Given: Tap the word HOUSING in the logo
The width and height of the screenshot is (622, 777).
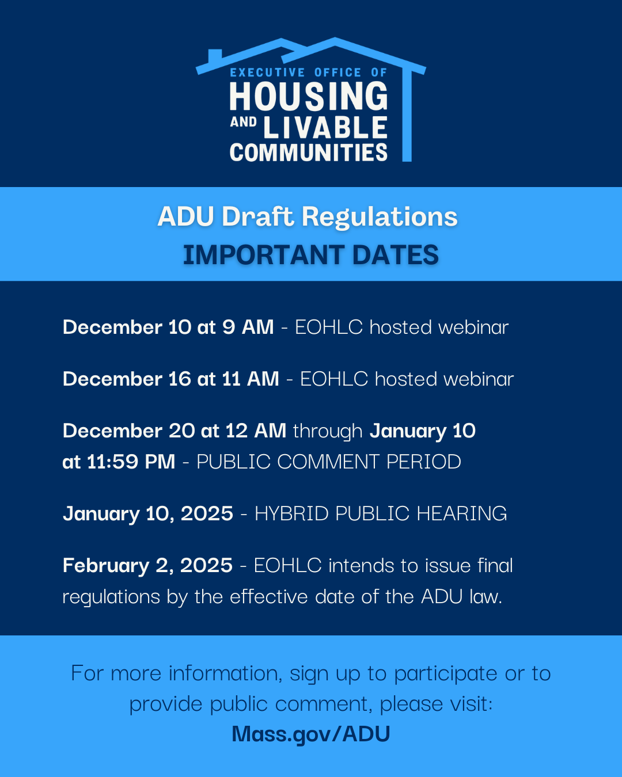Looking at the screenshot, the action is tap(309, 96).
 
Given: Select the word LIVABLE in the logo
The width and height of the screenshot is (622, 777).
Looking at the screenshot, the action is tap(325, 127).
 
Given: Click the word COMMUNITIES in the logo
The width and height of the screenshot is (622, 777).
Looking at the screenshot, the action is tap(309, 153).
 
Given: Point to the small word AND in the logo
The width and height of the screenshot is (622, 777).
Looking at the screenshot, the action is tap(243, 122).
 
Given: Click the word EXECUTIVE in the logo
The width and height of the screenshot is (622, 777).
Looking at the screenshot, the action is tap(267, 73).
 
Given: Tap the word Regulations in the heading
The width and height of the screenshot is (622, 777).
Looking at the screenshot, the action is tap(380, 218).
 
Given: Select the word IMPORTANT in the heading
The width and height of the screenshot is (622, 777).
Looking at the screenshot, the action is tap(263, 255).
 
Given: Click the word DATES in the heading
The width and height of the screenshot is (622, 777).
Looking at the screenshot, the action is tap(396, 255).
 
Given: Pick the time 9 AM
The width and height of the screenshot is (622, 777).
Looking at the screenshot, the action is tap(248, 327).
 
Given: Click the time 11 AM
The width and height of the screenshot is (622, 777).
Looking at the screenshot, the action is tap(251, 379).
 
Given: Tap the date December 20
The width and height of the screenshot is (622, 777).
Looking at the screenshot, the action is tap(128, 431).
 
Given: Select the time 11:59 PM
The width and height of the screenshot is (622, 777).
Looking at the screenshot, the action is tap(131, 462).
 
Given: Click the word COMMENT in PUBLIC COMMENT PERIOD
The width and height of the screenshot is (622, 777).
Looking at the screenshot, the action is tap(328, 462).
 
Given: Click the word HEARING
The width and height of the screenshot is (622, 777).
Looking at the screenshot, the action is tap(461, 513).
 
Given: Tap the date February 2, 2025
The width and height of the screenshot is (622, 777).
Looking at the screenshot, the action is tap(147, 565).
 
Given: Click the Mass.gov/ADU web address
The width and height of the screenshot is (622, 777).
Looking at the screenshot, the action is tap(311, 734).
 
